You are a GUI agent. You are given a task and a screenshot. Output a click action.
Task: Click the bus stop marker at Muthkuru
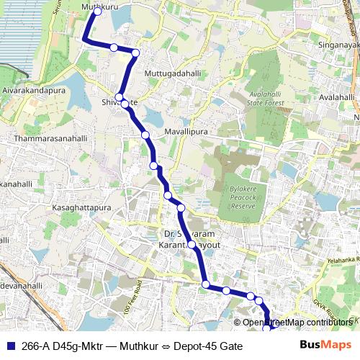(x=97, y=12)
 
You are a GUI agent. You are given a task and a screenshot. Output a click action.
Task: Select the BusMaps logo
(x=326, y=346)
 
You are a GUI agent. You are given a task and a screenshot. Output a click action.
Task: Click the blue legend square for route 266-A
(x=8, y=346)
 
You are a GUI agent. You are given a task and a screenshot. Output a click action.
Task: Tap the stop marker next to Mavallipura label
(x=145, y=135)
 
